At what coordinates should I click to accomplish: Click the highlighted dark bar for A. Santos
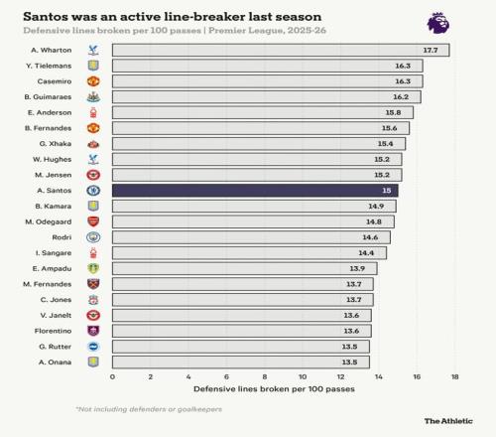pyautogui.click(x=255, y=191)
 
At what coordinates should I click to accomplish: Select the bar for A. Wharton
pyautogui.click(x=281, y=50)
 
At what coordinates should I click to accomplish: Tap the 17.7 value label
pyautogui.click(x=431, y=50)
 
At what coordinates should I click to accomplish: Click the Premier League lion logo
pyautogui.click(x=438, y=23)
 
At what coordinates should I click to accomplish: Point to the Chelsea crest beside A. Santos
pyautogui.click(x=93, y=191)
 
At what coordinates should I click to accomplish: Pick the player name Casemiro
pyautogui.click(x=55, y=81)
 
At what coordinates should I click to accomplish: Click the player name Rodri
pyautogui.click(x=62, y=237)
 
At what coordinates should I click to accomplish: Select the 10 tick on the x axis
pyautogui.click(x=303, y=376)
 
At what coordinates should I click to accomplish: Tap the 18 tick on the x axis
pyautogui.click(x=455, y=376)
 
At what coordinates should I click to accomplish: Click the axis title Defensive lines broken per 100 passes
pyautogui.click(x=274, y=389)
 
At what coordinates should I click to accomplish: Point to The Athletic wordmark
pyautogui.click(x=448, y=421)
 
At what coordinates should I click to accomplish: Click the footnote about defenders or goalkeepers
pyautogui.click(x=149, y=409)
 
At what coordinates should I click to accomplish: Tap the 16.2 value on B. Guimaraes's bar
pyautogui.click(x=401, y=97)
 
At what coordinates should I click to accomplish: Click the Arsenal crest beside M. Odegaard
pyautogui.click(x=93, y=221)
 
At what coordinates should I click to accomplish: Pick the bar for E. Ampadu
pyautogui.click(x=245, y=268)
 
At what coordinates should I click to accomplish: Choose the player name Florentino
pyautogui.click(x=53, y=331)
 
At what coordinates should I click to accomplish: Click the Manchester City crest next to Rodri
pyautogui.click(x=93, y=237)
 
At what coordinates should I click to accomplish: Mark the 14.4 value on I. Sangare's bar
pyautogui.click(x=366, y=253)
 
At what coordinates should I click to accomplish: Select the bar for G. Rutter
pyautogui.click(x=241, y=347)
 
